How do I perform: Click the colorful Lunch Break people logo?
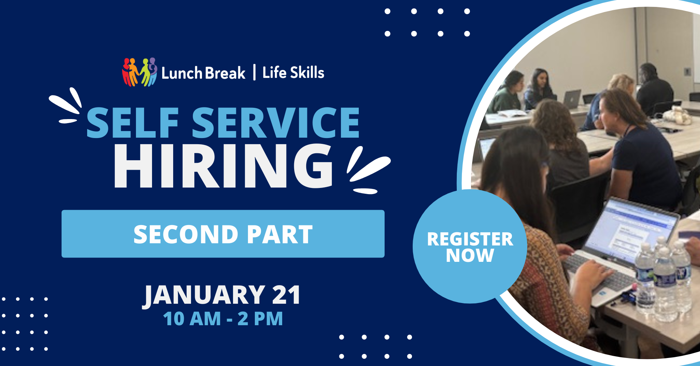(139, 72)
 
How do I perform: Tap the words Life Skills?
(293, 72)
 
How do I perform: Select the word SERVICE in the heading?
(276, 123)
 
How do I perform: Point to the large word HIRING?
(223, 166)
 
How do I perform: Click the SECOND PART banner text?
(223, 234)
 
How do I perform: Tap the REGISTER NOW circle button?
(470, 247)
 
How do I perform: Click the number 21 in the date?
(286, 295)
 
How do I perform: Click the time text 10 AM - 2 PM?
(223, 319)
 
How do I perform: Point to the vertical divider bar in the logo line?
(254, 72)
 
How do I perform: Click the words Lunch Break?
(203, 73)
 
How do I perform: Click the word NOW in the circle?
(470, 255)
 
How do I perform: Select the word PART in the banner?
(280, 234)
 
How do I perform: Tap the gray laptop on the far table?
(572, 99)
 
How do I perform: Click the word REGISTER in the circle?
(470, 239)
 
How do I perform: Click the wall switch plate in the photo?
(687, 71)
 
